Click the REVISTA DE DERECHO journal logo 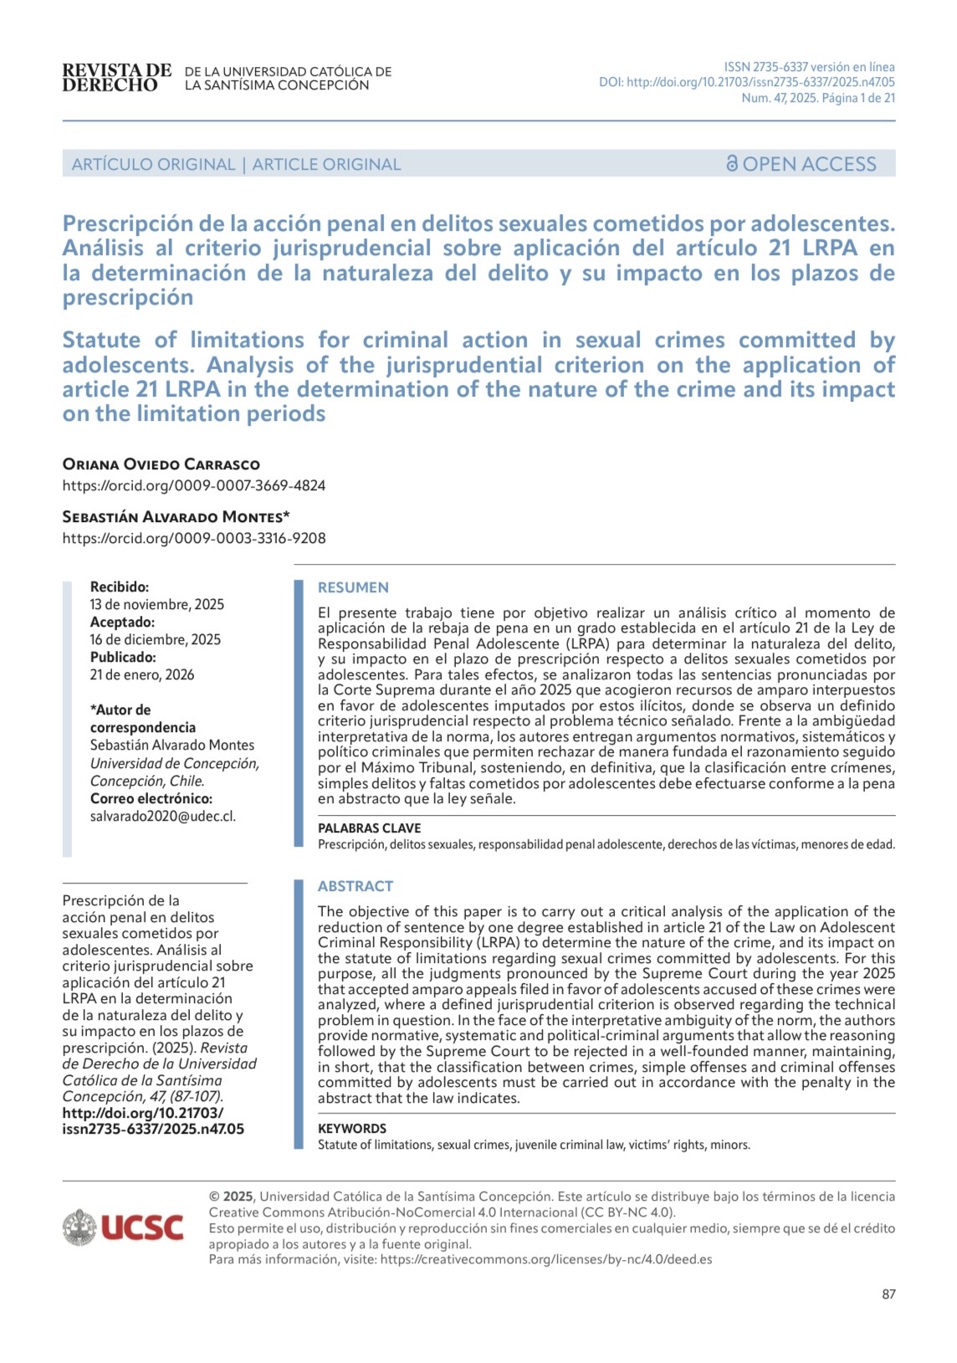click(x=116, y=78)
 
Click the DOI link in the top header click(x=746, y=82)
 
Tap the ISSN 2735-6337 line click(x=809, y=67)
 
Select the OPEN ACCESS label click(x=809, y=164)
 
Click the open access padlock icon click(x=732, y=164)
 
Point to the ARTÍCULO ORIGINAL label click(x=153, y=164)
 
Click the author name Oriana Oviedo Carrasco click(x=161, y=464)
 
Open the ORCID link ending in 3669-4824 click(x=193, y=485)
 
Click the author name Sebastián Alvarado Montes click(x=176, y=517)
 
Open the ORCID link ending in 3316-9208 click(x=193, y=538)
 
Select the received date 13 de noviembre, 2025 click(x=157, y=604)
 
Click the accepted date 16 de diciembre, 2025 click(x=156, y=639)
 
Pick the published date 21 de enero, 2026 click(x=142, y=674)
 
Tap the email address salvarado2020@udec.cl click(x=163, y=816)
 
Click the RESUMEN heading click(x=353, y=587)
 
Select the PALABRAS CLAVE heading click(x=369, y=828)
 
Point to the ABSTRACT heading click(x=355, y=886)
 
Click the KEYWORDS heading click(x=351, y=1129)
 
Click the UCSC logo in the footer click(x=123, y=1227)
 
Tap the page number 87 click(x=888, y=1294)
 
